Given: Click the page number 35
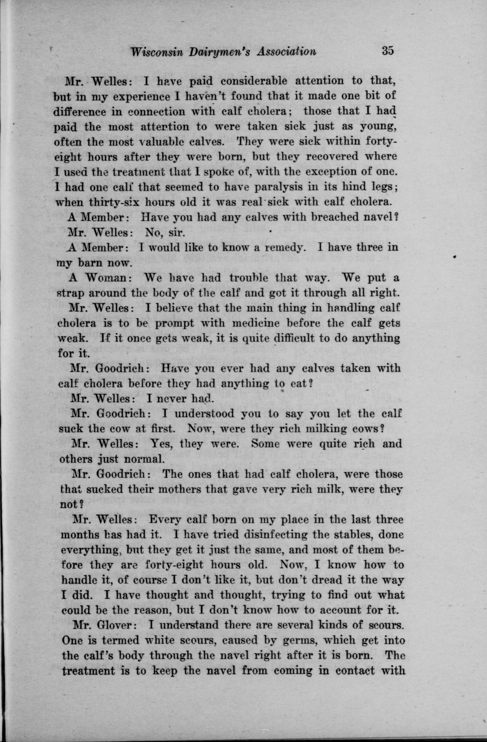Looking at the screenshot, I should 388,50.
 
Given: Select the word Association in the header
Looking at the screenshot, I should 286,51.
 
